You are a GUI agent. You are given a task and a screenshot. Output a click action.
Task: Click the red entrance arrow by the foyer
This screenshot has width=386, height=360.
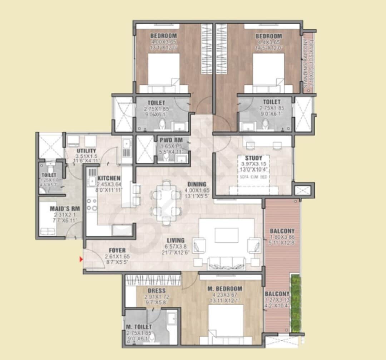(81, 259)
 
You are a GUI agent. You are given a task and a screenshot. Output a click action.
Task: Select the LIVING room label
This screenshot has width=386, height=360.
(175, 240)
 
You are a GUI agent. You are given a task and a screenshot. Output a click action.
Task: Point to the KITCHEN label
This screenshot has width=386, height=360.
(109, 178)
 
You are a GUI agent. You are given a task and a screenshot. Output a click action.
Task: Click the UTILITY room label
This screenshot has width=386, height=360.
(86, 151)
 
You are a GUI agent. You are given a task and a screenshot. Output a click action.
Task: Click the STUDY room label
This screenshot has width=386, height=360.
(253, 158)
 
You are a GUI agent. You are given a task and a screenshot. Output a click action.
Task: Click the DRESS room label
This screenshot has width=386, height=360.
(156, 291)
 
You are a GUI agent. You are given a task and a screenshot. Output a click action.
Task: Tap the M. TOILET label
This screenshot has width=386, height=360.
(139, 327)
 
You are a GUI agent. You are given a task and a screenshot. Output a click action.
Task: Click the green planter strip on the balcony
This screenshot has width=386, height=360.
(295, 303)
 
